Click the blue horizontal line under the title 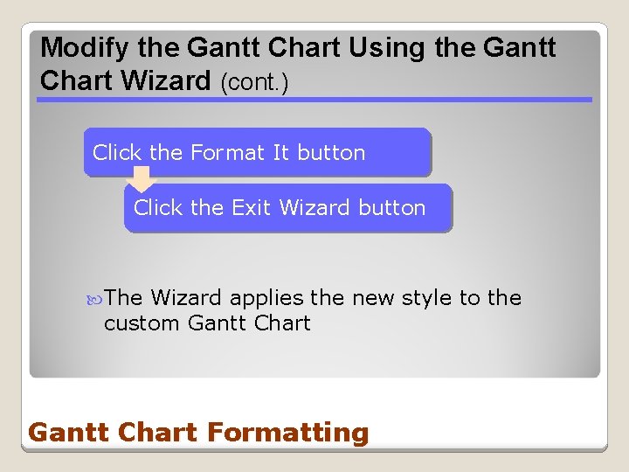click(x=314, y=100)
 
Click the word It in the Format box click(x=280, y=153)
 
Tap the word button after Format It click(x=331, y=153)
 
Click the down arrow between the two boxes click(x=141, y=180)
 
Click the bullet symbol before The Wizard click(x=95, y=299)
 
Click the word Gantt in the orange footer click(x=65, y=433)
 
